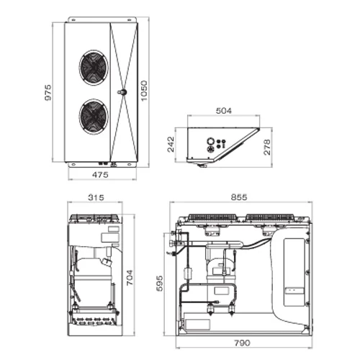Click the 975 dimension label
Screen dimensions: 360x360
(48, 92)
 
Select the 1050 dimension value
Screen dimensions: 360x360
(144, 91)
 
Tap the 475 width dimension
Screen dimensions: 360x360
(100, 174)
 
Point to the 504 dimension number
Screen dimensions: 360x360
(224, 111)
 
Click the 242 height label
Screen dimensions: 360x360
(171, 145)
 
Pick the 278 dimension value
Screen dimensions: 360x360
(267, 147)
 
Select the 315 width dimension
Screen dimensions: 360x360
(96, 197)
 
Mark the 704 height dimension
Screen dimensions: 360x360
(130, 278)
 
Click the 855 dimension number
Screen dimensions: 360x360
(239, 197)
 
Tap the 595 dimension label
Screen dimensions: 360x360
(160, 284)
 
